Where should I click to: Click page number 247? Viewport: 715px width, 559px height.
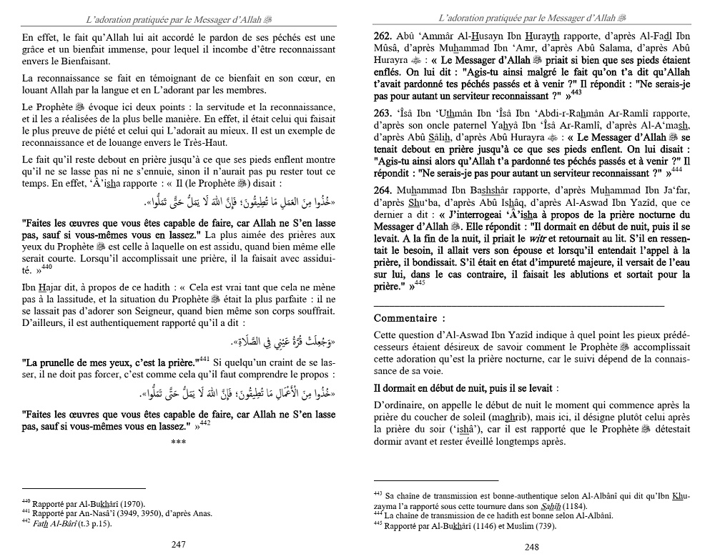tap(179, 544)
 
